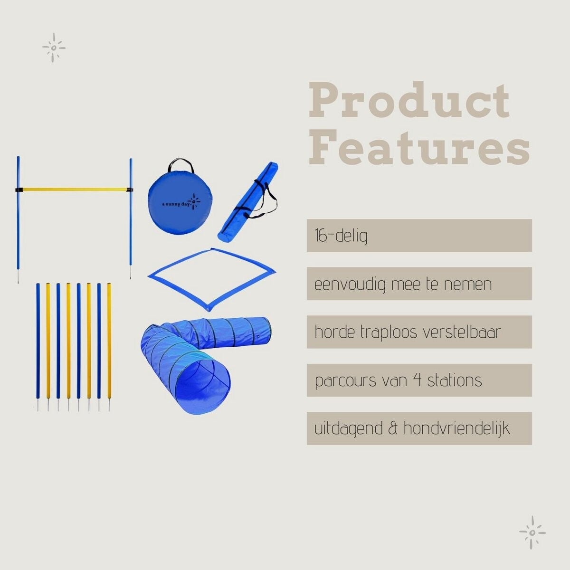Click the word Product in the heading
coord(409,101)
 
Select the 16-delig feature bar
coord(419,236)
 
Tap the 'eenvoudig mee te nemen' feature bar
coord(419,284)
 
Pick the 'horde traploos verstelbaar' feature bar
coord(419,332)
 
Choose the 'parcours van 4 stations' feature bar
coord(419,380)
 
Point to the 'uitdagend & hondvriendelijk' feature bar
coord(419,428)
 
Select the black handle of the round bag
coord(180,165)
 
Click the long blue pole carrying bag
coord(247,201)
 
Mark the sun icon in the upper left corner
coord(54,47)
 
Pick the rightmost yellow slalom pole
coord(109,347)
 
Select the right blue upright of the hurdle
coord(131,218)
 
